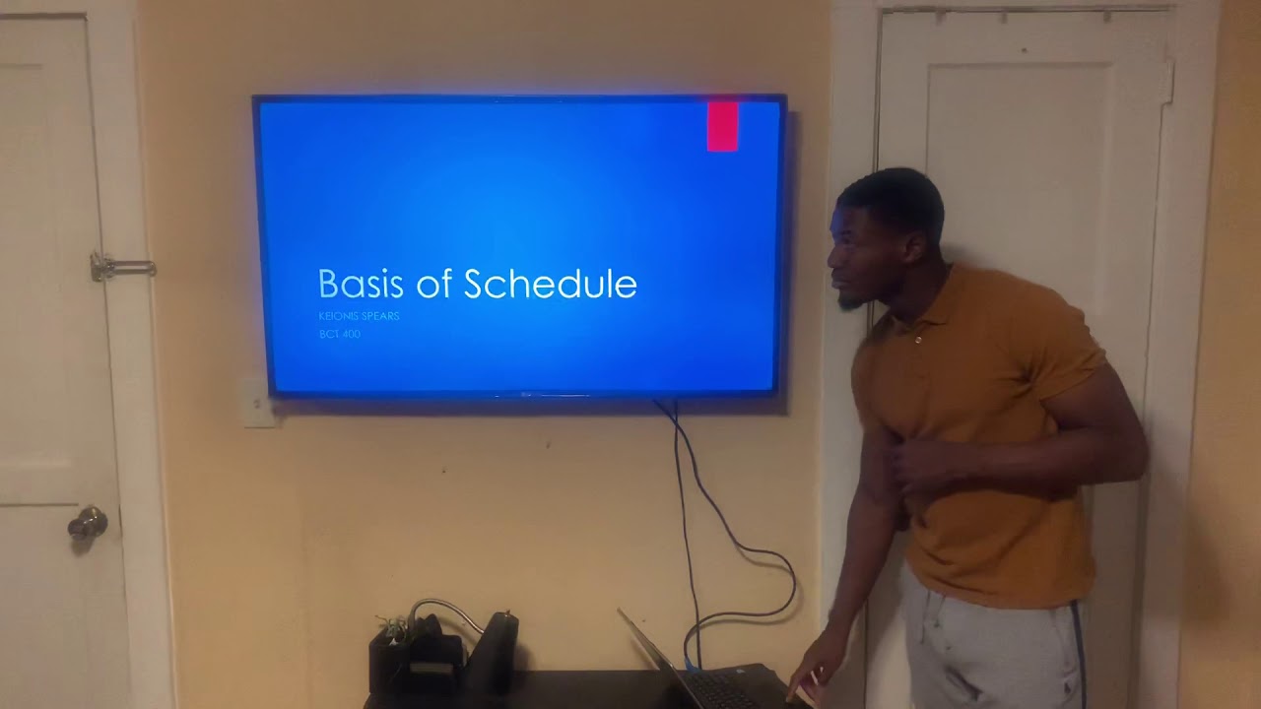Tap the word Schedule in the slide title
point(550,284)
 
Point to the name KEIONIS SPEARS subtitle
point(359,316)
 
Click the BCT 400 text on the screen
point(339,335)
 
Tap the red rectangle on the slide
point(722,126)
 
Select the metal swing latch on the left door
point(120,266)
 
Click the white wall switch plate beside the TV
point(258,403)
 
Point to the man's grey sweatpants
point(985,650)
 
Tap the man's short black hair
point(896,192)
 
